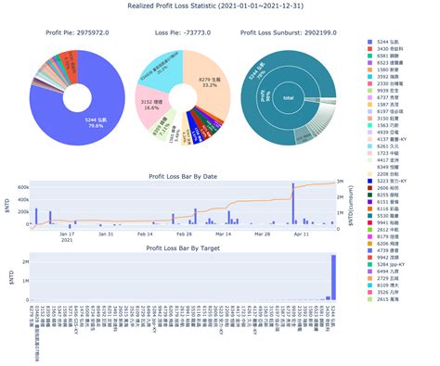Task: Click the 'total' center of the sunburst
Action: pyautogui.click(x=289, y=97)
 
